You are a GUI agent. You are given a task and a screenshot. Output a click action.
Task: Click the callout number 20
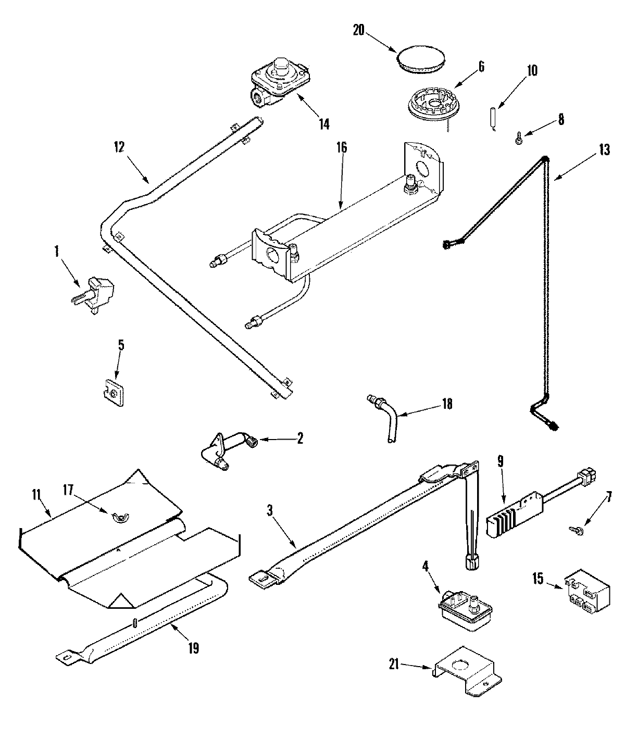[358, 30]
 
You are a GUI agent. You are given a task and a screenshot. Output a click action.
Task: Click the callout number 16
[342, 147]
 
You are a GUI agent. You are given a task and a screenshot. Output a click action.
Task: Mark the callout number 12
[119, 147]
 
